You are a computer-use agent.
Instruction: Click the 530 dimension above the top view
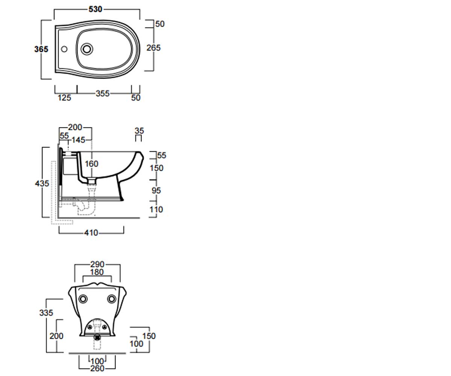pos(95,9)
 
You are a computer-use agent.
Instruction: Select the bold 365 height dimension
pos(41,49)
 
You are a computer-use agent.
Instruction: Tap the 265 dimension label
pos(154,48)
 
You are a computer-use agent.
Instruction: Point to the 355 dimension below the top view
pos(103,94)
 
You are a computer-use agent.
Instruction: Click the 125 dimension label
pos(64,98)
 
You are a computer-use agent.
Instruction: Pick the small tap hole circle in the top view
pos(64,49)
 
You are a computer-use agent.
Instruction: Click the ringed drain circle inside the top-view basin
pos(87,49)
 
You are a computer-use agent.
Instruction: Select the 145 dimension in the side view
pos(78,140)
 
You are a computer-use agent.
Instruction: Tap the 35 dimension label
pos(139,131)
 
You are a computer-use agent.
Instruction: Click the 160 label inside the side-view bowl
pos(92,164)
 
